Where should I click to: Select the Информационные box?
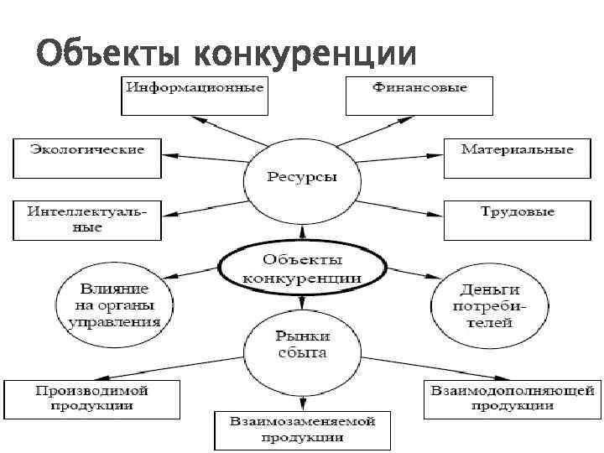[x=195, y=95]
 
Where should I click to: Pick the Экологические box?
[x=86, y=157]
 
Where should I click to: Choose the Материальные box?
[x=517, y=157]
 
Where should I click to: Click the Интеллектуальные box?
[x=86, y=220]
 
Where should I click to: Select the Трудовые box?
[x=517, y=220]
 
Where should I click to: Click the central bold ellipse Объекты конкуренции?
[x=302, y=268]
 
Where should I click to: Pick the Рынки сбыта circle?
[x=302, y=344]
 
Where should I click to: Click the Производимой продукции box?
[x=92, y=398]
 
